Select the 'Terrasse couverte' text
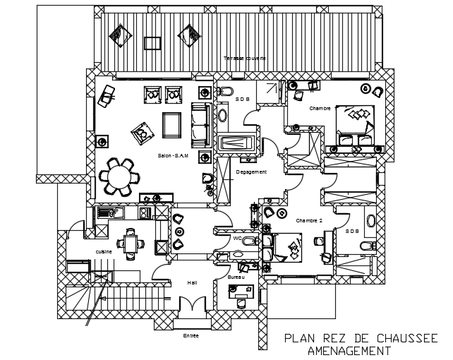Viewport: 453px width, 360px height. [x=245, y=58]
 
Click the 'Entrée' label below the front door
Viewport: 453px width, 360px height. [x=191, y=335]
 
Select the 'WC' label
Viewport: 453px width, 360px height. [x=237, y=239]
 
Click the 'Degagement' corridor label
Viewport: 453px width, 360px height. [x=251, y=172]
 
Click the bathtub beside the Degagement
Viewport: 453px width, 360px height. [x=236, y=143]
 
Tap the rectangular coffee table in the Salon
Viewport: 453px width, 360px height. [x=171, y=126]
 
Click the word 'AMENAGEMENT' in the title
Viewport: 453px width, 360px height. [x=350, y=350]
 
